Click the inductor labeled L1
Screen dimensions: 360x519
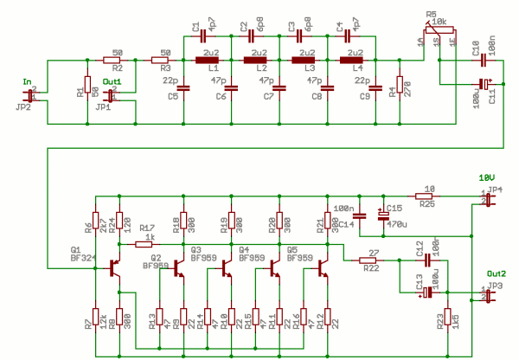[x=209, y=61]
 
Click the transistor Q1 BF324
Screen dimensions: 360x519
[x=114, y=268]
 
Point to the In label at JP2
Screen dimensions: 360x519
[x=27, y=84]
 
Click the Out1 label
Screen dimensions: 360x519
[x=112, y=82]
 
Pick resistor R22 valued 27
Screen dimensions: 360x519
[x=371, y=260]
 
